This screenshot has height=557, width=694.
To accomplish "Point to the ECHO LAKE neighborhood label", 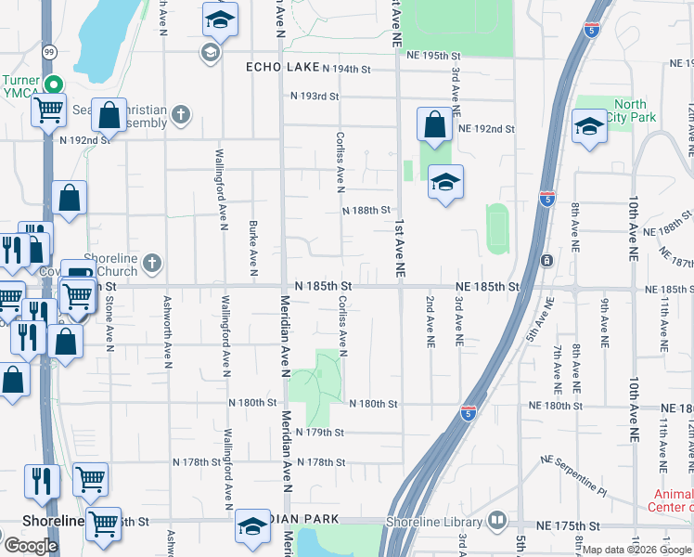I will coord(281,68).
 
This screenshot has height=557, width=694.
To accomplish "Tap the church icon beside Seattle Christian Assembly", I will coord(181,115).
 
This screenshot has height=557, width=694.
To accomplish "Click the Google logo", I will coord(31,545).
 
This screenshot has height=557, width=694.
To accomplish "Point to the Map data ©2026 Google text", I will coord(637,550).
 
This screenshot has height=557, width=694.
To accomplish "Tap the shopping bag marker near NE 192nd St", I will coord(434,123).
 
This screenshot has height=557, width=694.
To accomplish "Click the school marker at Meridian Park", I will coord(253,525).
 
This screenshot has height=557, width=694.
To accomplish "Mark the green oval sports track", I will coord(498,228).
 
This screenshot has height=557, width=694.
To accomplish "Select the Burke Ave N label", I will coord(252,249).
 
